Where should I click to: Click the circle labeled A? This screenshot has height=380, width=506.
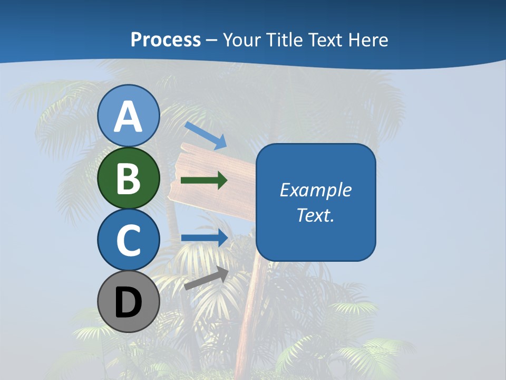[x=129, y=116]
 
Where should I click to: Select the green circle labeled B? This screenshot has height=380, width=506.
[x=129, y=178]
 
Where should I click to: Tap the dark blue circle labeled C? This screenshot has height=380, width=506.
[x=129, y=240]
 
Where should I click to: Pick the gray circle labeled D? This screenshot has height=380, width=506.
[x=129, y=301]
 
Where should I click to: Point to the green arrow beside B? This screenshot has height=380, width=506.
[x=204, y=180]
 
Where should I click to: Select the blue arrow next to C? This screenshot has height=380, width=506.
[x=205, y=237]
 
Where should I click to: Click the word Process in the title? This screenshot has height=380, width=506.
[x=166, y=40]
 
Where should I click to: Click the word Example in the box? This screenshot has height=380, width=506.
[x=316, y=190]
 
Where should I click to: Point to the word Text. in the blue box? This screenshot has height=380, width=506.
[x=316, y=215]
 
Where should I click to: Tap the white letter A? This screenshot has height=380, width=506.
[x=129, y=117]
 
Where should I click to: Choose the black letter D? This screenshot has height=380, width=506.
[x=129, y=302]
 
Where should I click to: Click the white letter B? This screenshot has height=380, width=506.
[x=129, y=178]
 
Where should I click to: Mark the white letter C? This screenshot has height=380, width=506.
[x=129, y=240]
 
